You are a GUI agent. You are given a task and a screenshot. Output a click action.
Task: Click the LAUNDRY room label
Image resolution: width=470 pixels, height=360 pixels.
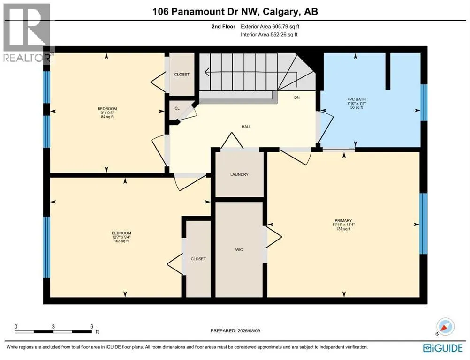pyautogui.click(x=239, y=174)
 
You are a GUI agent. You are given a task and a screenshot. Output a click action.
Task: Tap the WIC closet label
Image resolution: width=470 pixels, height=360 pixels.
pyautogui.click(x=239, y=249)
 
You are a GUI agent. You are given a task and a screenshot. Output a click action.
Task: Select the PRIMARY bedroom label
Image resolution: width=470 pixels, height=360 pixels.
pyautogui.click(x=343, y=220)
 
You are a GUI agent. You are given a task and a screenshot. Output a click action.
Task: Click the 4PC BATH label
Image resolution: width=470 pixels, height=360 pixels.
pyautogui.click(x=356, y=99)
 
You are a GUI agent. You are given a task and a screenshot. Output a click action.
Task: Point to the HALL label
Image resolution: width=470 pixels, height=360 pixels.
pyautogui.click(x=246, y=127)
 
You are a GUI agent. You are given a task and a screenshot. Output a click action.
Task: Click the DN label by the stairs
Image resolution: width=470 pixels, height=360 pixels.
pyautogui.click(x=297, y=97)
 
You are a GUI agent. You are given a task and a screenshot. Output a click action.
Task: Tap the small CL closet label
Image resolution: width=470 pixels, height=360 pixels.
pyautogui.click(x=177, y=108)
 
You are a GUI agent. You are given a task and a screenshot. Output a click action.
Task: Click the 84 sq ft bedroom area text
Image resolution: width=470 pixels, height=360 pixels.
pyautogui.click(x=107, y=117)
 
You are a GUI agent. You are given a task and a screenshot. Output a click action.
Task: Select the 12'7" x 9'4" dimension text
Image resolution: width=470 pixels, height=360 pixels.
pyautogui.click(x=121, y=237)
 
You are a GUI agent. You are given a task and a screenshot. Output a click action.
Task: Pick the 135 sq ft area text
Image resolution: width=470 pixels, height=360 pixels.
pyautogui.click(x=343, y=229)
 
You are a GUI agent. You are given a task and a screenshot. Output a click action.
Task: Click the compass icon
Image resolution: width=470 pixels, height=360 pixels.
pyautogui.click(x=445, y=326)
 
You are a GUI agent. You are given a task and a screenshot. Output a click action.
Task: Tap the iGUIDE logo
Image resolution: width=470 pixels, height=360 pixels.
pyautogui.click(x=443, y=348)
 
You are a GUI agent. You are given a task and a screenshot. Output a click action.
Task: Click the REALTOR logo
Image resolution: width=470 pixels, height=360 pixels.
pyautogui.click(x=27, y=33)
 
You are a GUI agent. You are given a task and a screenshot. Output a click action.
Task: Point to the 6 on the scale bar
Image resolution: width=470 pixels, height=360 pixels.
pyautogui.click(x=92, y=326)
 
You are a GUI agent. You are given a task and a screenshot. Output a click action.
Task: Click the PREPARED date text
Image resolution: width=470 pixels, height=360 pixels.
pyautogui.click(x=235, y=330)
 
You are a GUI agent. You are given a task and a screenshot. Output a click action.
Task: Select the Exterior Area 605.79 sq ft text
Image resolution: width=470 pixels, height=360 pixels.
pyautogui.click(x=270, y=26)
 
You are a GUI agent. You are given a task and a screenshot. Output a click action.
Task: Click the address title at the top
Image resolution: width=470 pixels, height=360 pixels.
pyautogui.click(x=235, y=11)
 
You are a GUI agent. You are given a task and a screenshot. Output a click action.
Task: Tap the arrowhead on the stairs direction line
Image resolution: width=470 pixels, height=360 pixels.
pyautogui.click(x=206, y=72)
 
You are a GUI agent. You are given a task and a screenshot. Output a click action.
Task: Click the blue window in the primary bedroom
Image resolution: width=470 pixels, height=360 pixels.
pyautogui.click(x=423, y=224)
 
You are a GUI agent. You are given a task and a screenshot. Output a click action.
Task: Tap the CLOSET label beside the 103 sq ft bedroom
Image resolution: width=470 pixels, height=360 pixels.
pyautogui.click(x=198, y=259)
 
